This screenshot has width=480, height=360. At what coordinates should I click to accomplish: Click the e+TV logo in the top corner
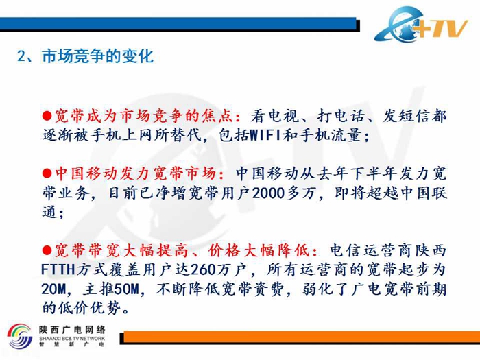[x=421, y=25]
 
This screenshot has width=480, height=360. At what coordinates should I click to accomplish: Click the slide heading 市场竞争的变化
[x=97, y=56]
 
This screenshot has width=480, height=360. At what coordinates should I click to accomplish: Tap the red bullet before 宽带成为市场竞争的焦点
[x=47, y=116]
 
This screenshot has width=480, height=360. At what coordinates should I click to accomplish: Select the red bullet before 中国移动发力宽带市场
[x=47, y=173]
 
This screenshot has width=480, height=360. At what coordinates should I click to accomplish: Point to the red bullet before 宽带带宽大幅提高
[x=47, y=250]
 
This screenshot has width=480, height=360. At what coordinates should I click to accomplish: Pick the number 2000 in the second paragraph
[x=268, y=193]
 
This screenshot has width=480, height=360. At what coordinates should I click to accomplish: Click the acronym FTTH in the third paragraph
[x=58, y=269]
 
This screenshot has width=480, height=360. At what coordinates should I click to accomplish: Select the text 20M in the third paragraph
[x=53, y=289]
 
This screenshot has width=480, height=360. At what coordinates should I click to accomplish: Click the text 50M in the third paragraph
[x=126, y=289]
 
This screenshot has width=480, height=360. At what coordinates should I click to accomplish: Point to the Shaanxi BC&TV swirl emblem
[x=20, y=337]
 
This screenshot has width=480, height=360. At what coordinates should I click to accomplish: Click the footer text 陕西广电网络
[x=72, y=329]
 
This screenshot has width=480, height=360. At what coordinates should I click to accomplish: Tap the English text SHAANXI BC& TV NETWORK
[x=72, y=339]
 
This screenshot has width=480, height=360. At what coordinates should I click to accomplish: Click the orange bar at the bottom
[x=302, y=337]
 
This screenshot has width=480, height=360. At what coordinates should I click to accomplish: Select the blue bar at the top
[x=178, y=23]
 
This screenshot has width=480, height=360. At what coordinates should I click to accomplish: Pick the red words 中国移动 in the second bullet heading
[x=86, y=173]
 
